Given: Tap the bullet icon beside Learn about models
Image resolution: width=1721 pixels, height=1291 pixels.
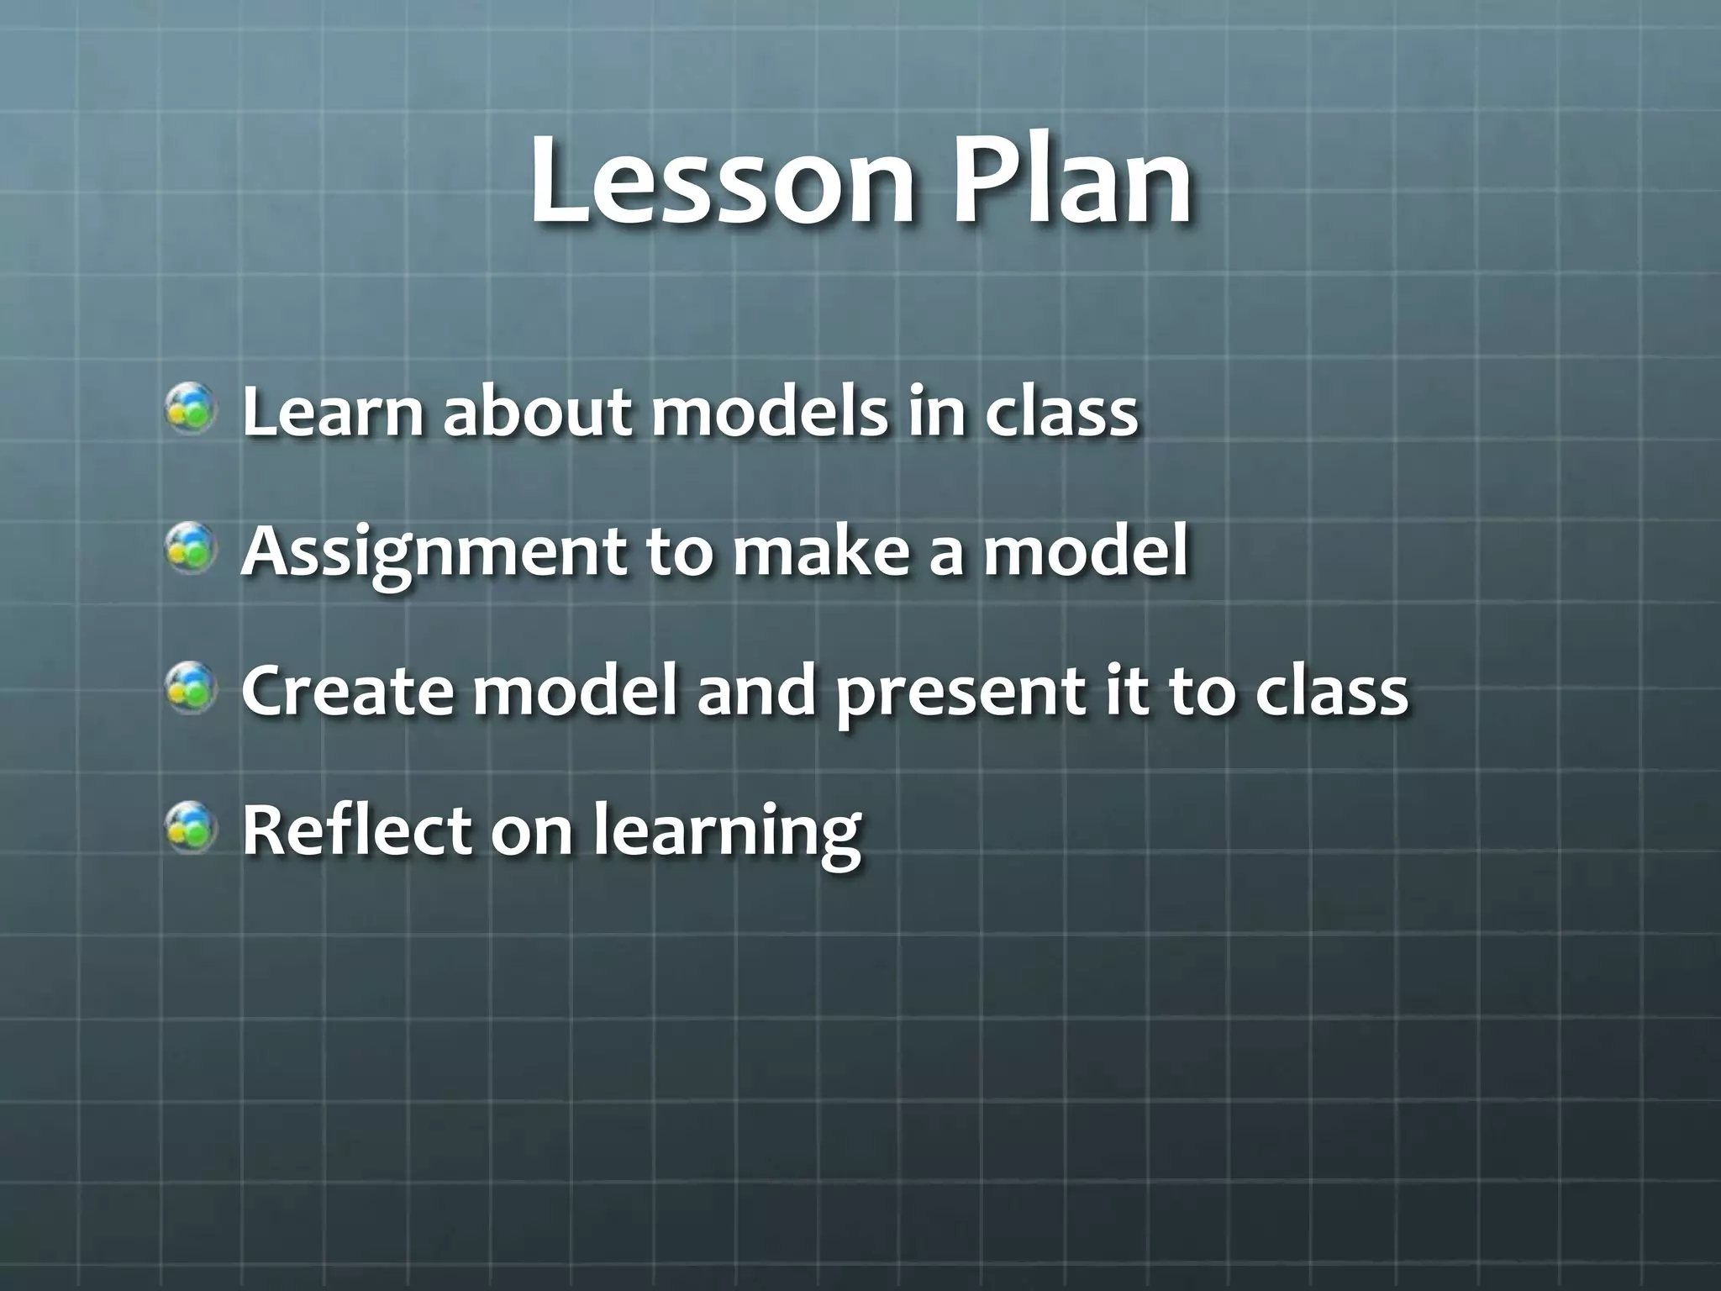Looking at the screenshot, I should coord(192,408).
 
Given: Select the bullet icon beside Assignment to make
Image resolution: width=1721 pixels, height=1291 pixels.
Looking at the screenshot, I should coord(192,549).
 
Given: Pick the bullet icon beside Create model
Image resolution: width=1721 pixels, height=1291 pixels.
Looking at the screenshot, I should coord(192,688).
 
